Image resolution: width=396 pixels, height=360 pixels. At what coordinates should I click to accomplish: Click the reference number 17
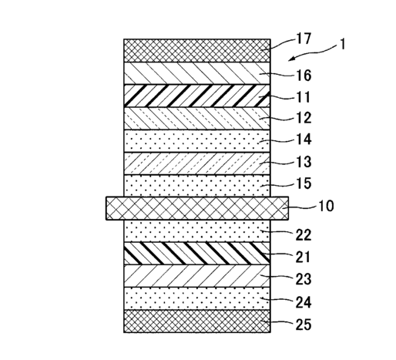coord(304,39)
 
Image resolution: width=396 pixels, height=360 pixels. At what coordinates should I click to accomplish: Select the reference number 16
coord(304,76)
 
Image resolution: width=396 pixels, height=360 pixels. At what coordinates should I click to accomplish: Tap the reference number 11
coord(304,97)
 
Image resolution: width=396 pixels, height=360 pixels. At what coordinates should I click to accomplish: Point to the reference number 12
coord(304,118)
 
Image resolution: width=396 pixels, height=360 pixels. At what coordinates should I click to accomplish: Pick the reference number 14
coord(304,140)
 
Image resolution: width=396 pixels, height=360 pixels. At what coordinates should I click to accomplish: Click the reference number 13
coord(304,162)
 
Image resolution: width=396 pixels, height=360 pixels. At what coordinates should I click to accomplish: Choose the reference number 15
coord(304,183)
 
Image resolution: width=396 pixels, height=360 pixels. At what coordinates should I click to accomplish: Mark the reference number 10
coord(326,206)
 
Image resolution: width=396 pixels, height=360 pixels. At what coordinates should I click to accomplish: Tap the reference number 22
coord(304,235)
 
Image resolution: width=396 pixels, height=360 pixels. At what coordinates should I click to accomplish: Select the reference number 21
coord(303,257)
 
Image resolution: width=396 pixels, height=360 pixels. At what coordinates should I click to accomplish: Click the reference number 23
coord(304,279)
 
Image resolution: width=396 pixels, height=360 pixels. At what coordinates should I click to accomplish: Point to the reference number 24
coord(304,302)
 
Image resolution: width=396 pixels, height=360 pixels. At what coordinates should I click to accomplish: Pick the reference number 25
coord(304,325)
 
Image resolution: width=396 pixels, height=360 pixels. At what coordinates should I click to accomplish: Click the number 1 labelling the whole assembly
coord(342,45)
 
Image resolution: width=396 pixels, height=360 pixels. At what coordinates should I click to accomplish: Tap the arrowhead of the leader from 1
coord(290,59)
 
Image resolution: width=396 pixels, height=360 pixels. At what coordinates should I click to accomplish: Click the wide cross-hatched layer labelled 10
coord(197,208)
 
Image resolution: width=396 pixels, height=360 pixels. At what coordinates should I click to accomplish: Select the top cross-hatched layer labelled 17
coord(197,51)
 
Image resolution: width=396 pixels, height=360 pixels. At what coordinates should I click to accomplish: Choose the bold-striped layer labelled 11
coord(197,96)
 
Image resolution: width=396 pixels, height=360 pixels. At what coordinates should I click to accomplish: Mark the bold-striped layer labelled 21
coord(197,254)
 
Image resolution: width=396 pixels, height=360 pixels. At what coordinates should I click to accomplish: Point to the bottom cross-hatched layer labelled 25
coord(197,321)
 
